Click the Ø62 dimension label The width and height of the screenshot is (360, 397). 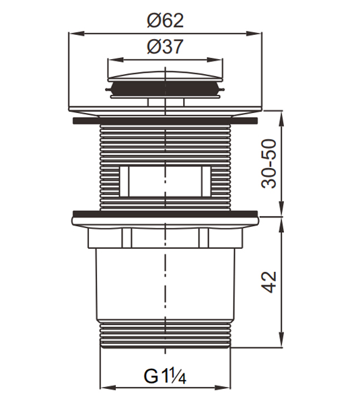point(165,20)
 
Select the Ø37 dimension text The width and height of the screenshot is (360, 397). point(165,46)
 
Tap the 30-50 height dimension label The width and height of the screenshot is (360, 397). point(268,164)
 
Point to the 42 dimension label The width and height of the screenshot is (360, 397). point(268,282)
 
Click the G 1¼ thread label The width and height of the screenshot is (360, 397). point(165,376)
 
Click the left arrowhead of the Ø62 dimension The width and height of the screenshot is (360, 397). point(76,33)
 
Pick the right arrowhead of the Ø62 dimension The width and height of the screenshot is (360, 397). point(254,33)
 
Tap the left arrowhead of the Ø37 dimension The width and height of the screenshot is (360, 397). point(116,60)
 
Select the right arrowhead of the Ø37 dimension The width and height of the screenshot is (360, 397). point(215,60)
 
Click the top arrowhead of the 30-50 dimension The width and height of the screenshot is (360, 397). point(281,118)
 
